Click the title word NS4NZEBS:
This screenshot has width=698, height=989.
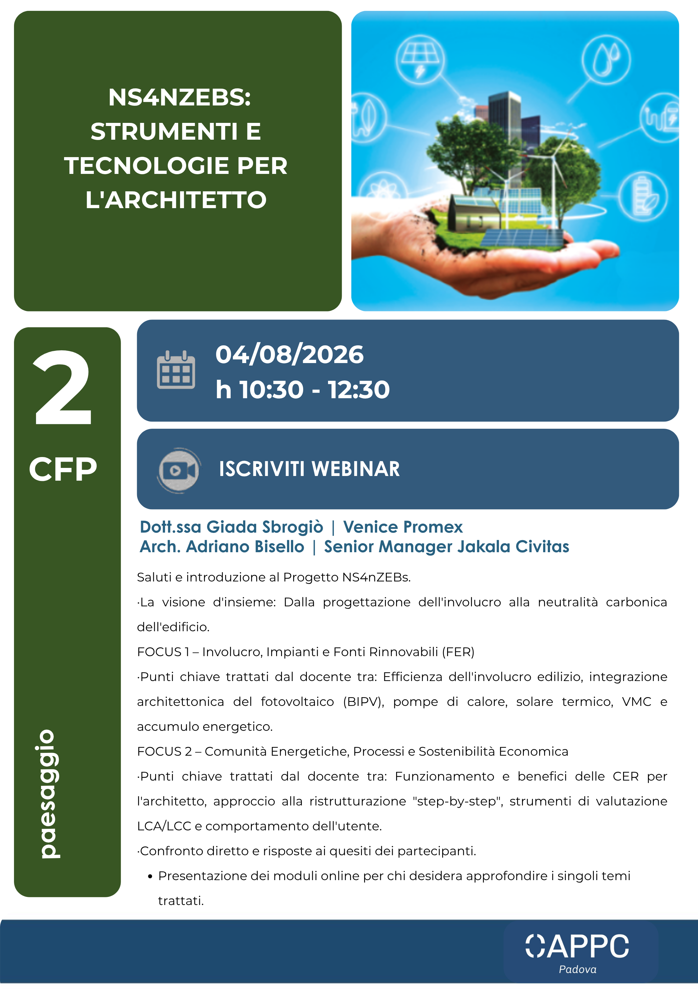tap(180, 97)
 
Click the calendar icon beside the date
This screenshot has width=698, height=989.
tap(176, 370)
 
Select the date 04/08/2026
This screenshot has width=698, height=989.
tap(289, 355)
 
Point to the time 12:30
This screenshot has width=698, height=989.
tap(359, 390)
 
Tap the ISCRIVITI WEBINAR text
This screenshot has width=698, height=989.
tap(309, 469)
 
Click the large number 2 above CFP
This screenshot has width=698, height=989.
tap(63, 388)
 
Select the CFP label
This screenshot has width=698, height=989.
tap(63, 469)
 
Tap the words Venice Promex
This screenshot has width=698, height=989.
tap(403, 527)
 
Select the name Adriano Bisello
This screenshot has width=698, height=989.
tap(245, 547)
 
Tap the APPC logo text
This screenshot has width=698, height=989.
tap(577, 947)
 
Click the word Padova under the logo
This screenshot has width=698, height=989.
tap(577, 970)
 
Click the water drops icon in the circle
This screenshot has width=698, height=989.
tap(606, 59)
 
